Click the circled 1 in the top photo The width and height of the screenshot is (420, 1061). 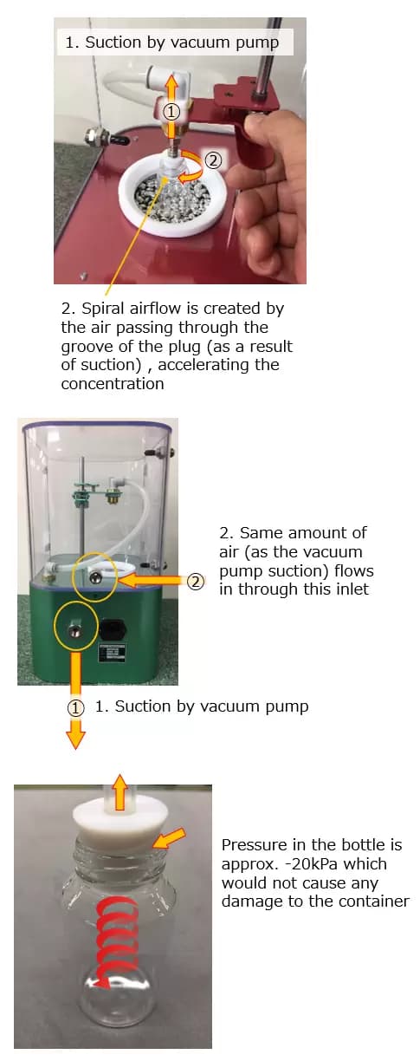coord(171,112)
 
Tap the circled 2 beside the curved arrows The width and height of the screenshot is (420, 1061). coord(213,160)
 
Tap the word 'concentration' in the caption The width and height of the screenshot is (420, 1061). coord(112,384)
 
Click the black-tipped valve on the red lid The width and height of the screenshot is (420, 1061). coord(104,139)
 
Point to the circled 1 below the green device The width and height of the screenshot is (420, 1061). coord(75,708)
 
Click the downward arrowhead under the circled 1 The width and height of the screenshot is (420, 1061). coord(75,739)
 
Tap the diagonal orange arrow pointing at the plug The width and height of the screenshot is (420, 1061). coord(170,837)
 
